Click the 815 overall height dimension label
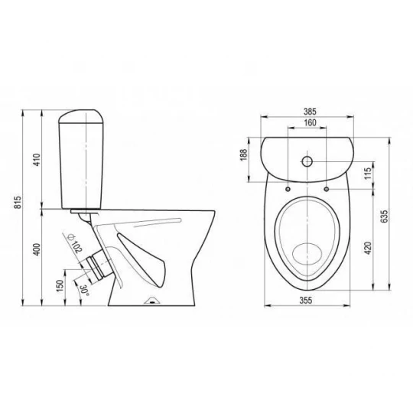click(x=18, y=202)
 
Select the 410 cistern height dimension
click(x=37, y=160)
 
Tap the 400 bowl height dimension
click(x=37, y=249)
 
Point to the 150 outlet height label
click(x=60, y=285)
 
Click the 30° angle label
click(x=85, y=291)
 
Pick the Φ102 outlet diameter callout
click(x=75, y=243)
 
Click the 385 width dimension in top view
click(x=310, y=112)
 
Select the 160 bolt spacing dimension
click(x=310, y=122)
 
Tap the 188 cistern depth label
click(x=244, y=154)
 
